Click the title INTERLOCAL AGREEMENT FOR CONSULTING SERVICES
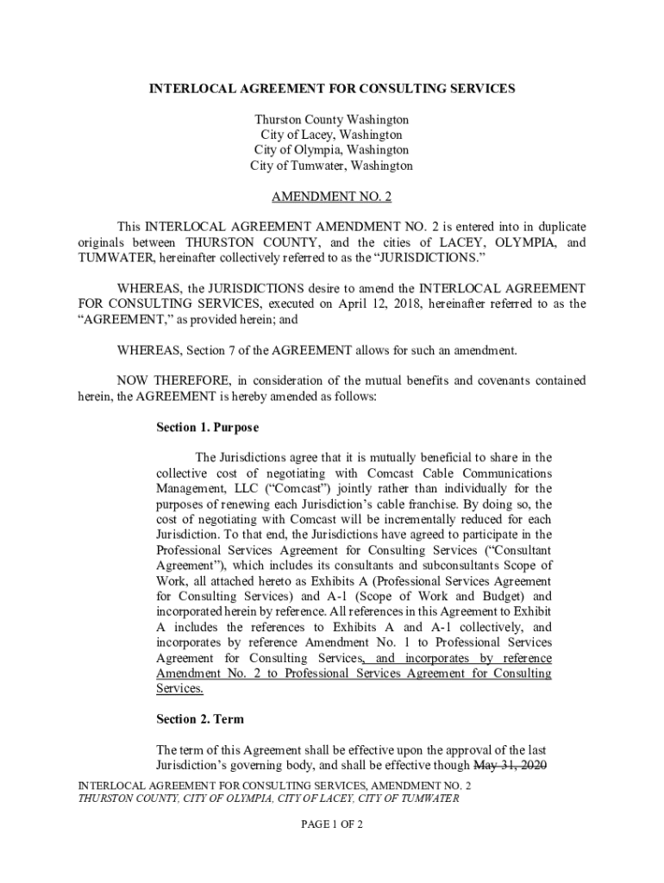332,89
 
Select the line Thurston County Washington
332,119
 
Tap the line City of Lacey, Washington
332,135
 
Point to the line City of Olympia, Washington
332,150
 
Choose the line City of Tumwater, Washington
332,166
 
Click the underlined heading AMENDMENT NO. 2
332,197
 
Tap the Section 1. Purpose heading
207,427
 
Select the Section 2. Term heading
200,719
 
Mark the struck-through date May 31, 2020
513,766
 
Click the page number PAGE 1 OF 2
332,825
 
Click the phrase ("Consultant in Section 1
516,550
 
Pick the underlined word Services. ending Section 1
179,689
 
